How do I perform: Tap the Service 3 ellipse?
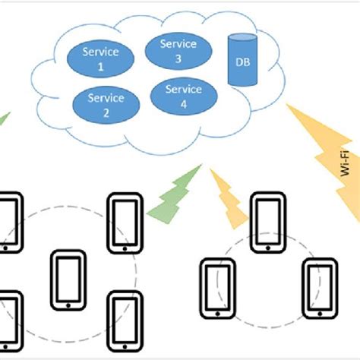tap(178, 51)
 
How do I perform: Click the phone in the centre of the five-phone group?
tap(68, 280)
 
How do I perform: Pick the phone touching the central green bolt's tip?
tap(125, 222)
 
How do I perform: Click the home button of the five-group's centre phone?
tap(68, 305)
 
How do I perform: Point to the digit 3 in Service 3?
tap(178, 58)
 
